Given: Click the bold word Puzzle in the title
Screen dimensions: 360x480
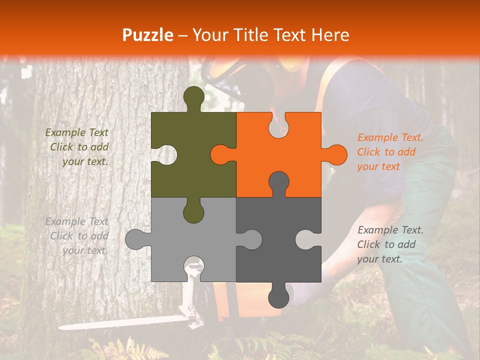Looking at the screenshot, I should point(148,35).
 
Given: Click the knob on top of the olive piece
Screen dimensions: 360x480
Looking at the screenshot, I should point(194,97).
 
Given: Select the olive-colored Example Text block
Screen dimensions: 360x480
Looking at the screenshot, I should point(77,147).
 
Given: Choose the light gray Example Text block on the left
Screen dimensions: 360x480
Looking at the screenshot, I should point(77,236).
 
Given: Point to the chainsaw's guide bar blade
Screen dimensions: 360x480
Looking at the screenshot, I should point(120,323).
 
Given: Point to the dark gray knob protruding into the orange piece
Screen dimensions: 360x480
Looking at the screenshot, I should point(279,182).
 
